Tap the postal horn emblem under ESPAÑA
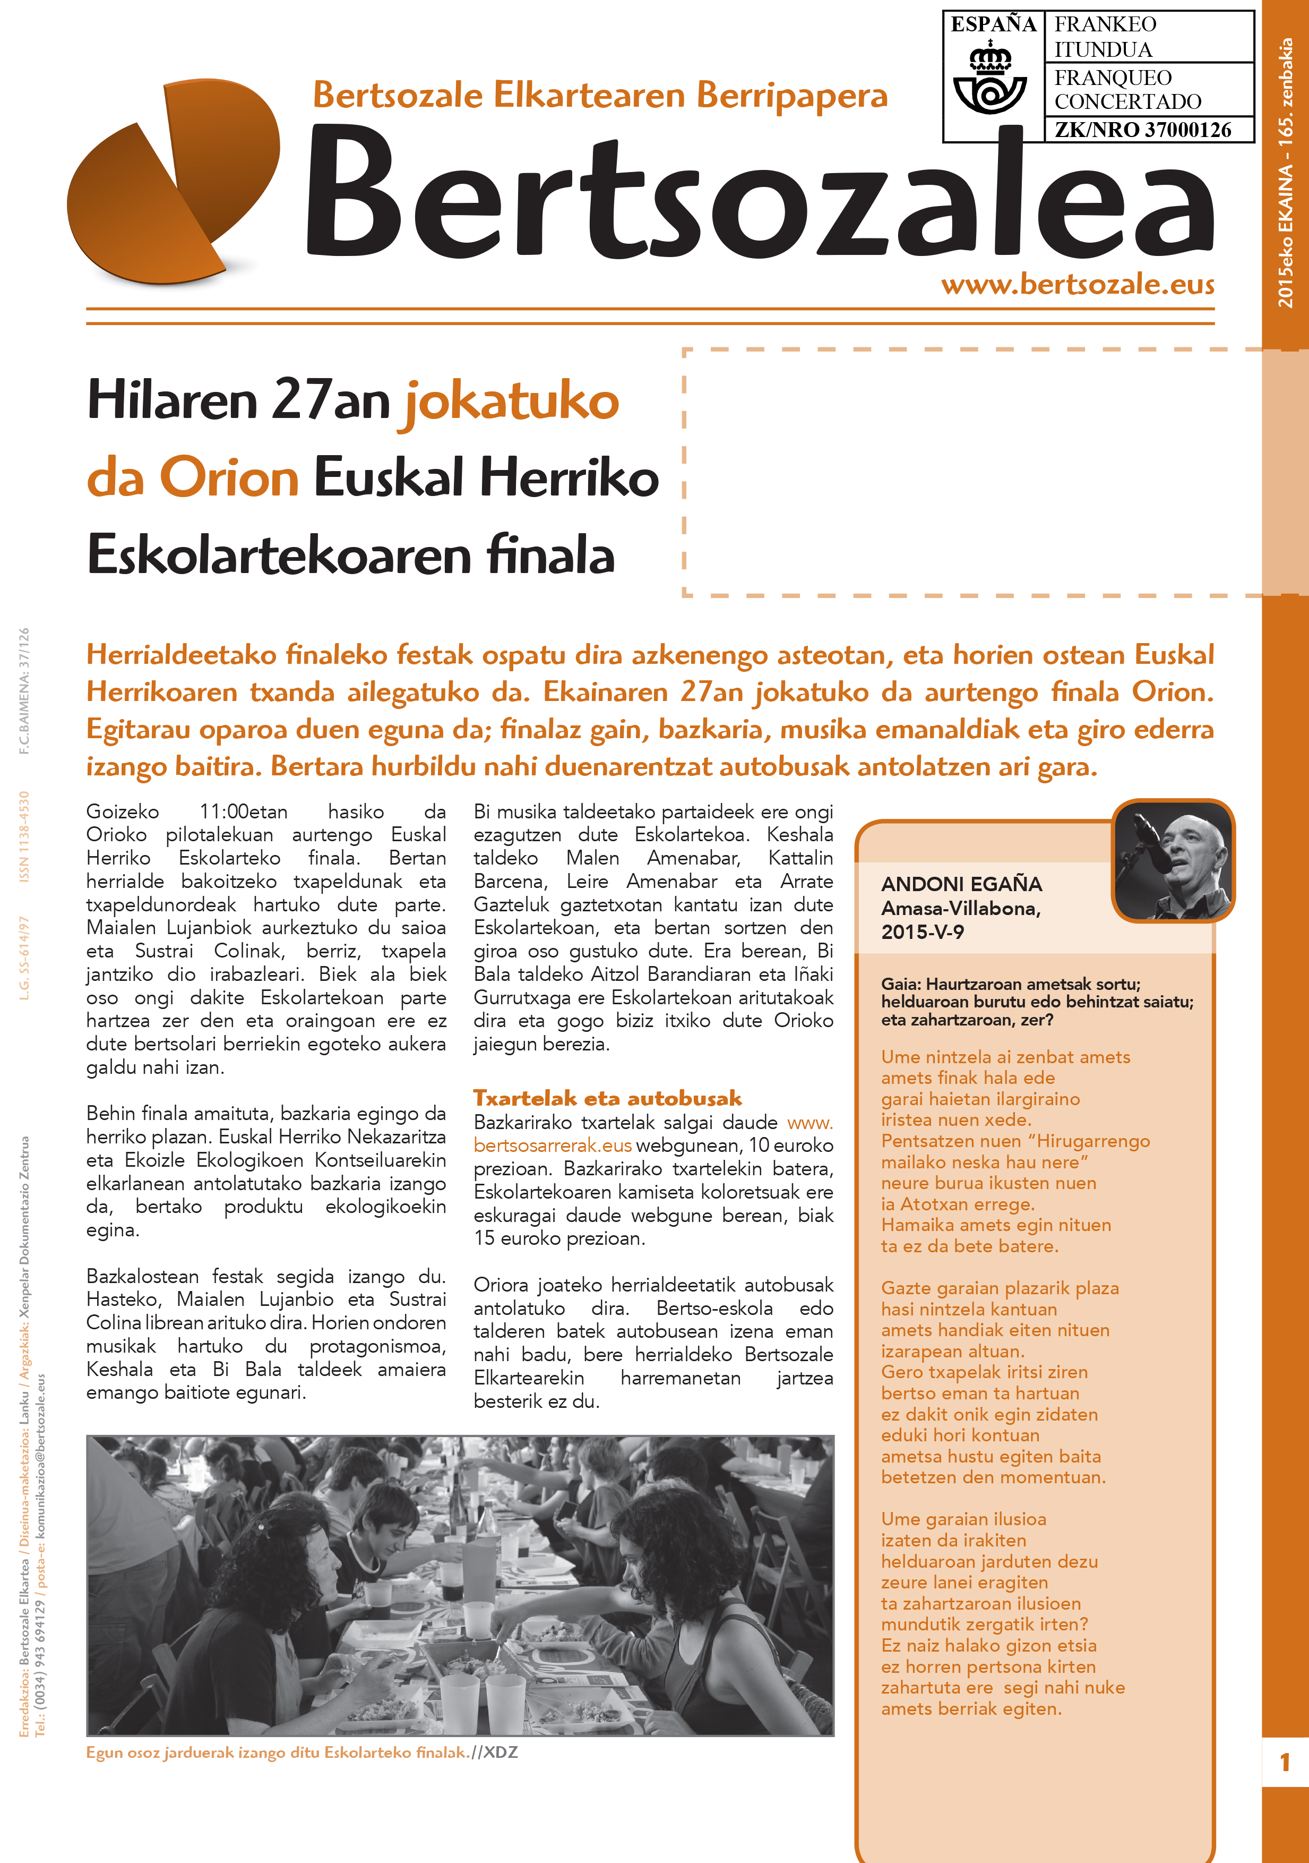click(991, 82)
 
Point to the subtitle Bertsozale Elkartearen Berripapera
click(600, 95)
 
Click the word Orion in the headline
click(229, 477)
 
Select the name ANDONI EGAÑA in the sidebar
click(961, 884)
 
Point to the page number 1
click(1285, 1763)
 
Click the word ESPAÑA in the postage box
click(993, 25)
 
